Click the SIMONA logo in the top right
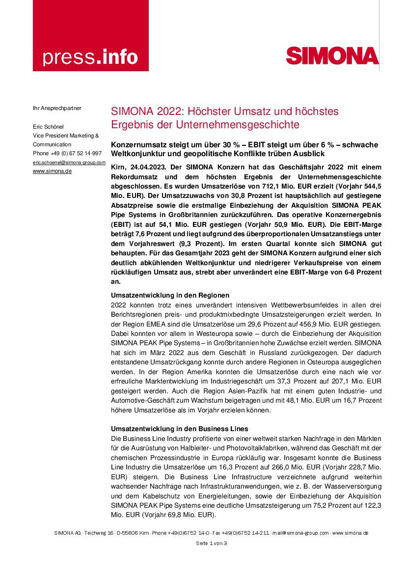(x=332, y=55)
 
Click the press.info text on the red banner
(x=90, y=57)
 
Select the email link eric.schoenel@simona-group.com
(x=69, y=162)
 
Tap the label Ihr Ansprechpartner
(x=57, y=108)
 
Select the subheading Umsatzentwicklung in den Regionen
(x=170, y=295)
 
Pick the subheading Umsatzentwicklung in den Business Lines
(x=179, y=429)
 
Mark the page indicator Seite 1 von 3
(x=211, y=543)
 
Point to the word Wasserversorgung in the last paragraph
(x=352, y=485)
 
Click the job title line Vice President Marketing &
(x=66, y=135)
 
